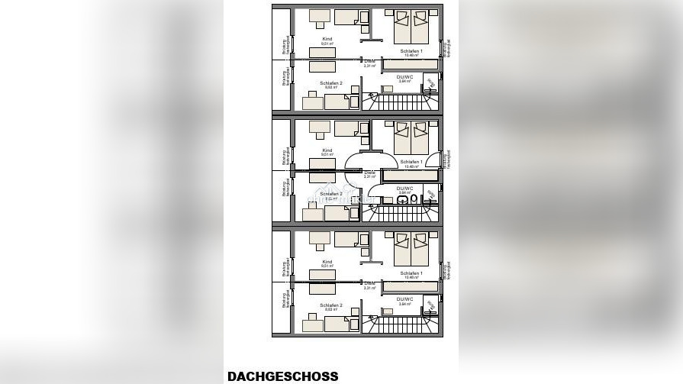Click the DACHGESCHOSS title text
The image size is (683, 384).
tap(282, 376)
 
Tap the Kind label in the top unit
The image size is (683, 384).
tap(327, 39)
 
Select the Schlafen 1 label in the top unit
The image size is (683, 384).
tap(411, 51)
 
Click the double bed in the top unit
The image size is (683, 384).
tap(411, 27)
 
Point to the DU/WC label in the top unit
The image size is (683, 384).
tap(404, 76)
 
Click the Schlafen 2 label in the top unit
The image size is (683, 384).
tap(331, 82)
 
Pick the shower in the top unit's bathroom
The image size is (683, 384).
tap(430, 83)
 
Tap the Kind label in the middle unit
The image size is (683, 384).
tap(327, 150)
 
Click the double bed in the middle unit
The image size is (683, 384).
tap(411, 138)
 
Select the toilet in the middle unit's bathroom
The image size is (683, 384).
tap(414, 199)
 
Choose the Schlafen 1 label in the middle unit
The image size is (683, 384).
tap(411, 162)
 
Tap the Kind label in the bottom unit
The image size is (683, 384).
tap(327, 262)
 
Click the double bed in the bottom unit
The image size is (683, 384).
tap(411, 250)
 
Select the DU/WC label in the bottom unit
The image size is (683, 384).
tap(404, 299)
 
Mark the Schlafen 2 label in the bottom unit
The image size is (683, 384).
tap(331, 305)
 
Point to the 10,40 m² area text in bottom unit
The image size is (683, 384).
tap(411, 278)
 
